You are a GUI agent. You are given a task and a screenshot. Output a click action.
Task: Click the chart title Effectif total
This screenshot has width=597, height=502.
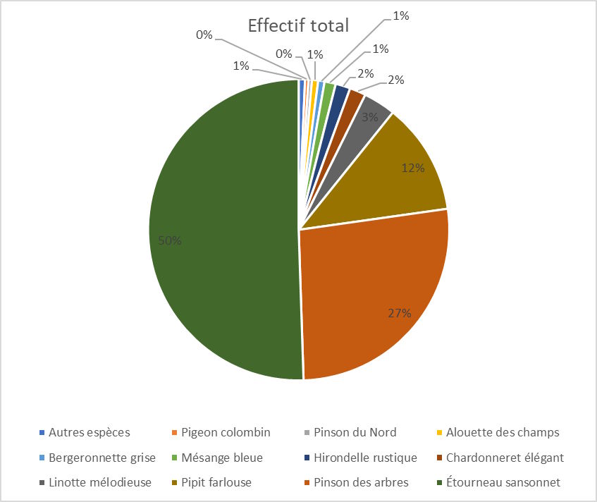(298, 26)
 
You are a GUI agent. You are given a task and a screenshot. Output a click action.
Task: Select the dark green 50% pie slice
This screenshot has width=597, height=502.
(219, 233)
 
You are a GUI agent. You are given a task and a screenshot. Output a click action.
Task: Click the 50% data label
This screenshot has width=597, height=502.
(170, 240)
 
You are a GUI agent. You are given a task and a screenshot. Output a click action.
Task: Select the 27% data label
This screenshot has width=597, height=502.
(399, 314)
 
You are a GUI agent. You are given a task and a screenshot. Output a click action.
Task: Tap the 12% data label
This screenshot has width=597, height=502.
(412, 168)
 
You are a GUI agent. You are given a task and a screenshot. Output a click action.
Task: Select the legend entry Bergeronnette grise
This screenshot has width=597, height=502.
(97, 458)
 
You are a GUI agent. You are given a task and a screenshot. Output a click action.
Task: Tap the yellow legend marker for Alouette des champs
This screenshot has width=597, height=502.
(439, 432)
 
